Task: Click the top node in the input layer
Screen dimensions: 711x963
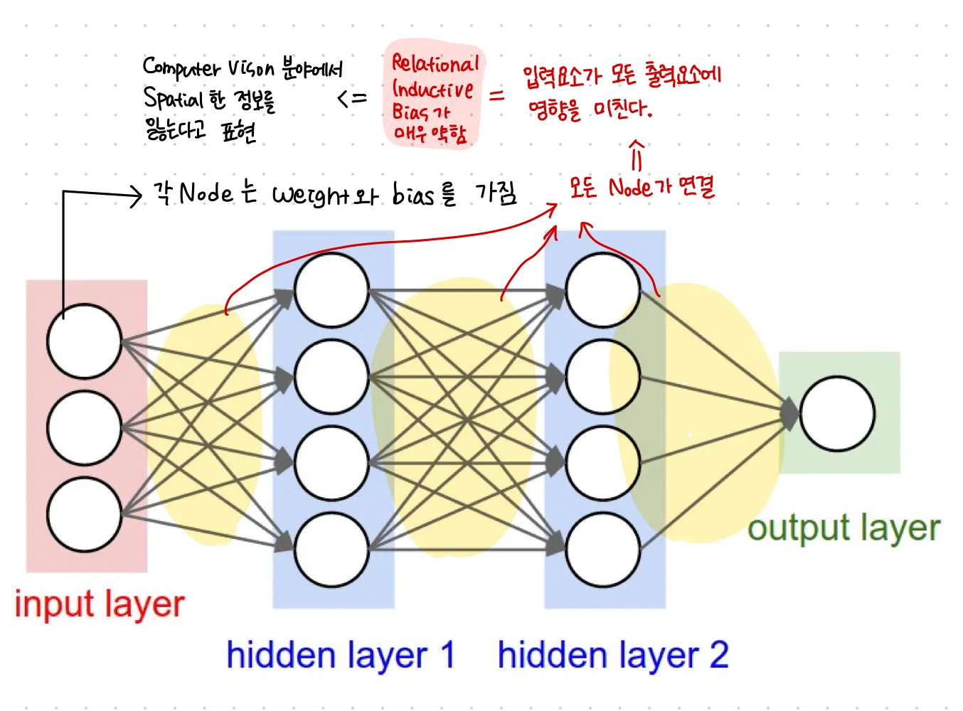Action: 84,341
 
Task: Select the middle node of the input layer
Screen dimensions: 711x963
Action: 84,428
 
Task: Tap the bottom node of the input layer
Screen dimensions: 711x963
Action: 84,515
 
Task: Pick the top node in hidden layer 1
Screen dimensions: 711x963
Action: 331,290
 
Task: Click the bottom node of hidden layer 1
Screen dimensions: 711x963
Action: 331,549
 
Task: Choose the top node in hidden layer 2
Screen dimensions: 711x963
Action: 603,290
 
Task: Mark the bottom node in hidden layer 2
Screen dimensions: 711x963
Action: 603,549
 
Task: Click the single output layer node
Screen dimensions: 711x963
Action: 837,414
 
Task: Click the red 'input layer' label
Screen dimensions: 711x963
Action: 100,604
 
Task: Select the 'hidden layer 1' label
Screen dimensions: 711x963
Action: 340,655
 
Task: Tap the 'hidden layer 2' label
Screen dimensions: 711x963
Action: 612,655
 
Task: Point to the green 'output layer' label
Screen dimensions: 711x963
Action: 844,528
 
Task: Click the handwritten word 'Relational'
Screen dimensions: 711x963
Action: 435,64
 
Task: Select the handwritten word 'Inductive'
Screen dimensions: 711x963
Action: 432,90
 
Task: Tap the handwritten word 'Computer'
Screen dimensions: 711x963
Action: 181,68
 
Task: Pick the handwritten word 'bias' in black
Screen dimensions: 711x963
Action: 413,193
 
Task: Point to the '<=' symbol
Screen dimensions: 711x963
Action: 352,98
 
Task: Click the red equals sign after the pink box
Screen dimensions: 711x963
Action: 496,95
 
